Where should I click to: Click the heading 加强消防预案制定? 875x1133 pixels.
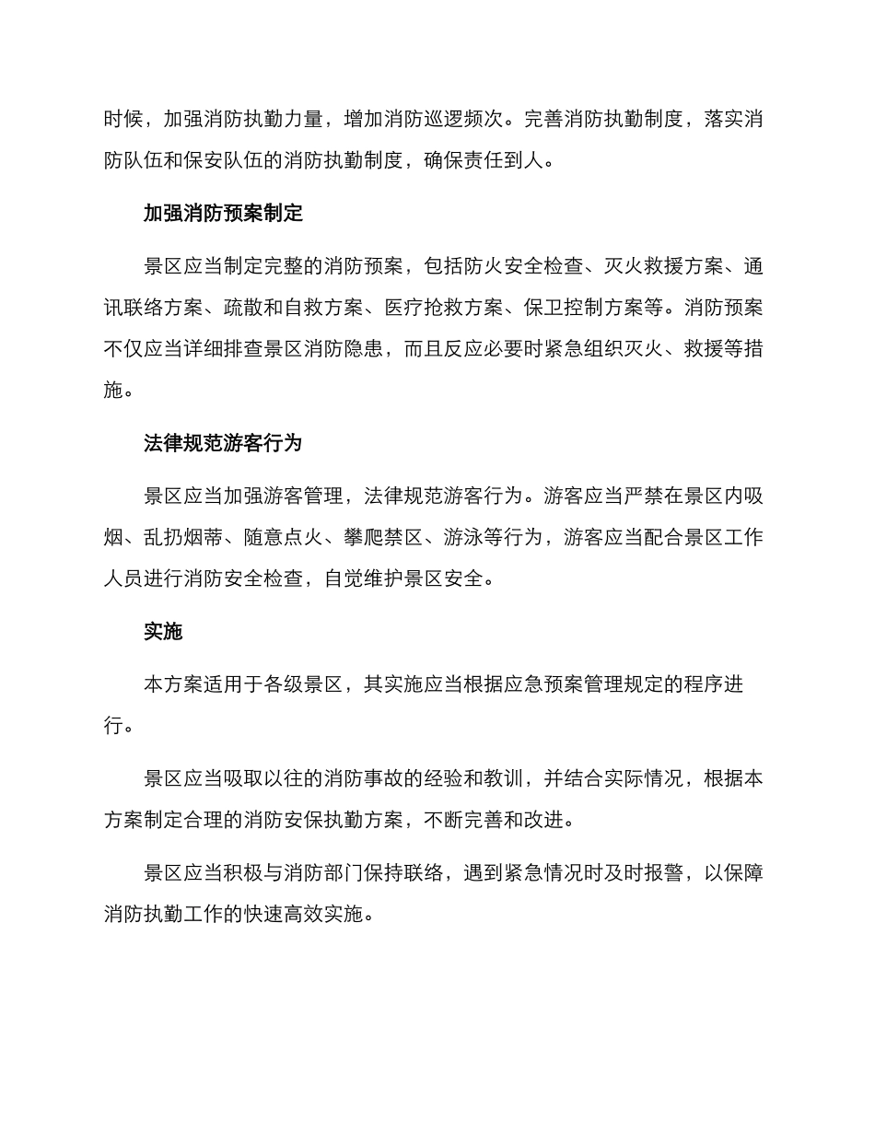(223, 214)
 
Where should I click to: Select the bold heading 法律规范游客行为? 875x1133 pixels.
(223, 443)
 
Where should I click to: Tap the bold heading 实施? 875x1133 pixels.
(163, 632)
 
